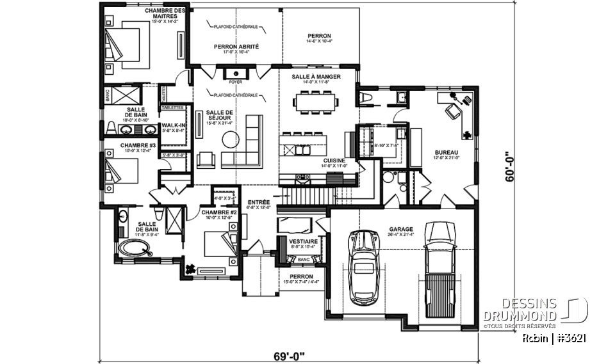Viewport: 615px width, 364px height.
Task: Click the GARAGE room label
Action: [x=400, y=228]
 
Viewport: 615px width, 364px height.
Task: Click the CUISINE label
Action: [x=334, y=160]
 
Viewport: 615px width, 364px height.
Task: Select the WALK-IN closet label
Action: [x=174, y=125]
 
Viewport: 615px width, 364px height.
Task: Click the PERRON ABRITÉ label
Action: [x=236, y=46]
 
